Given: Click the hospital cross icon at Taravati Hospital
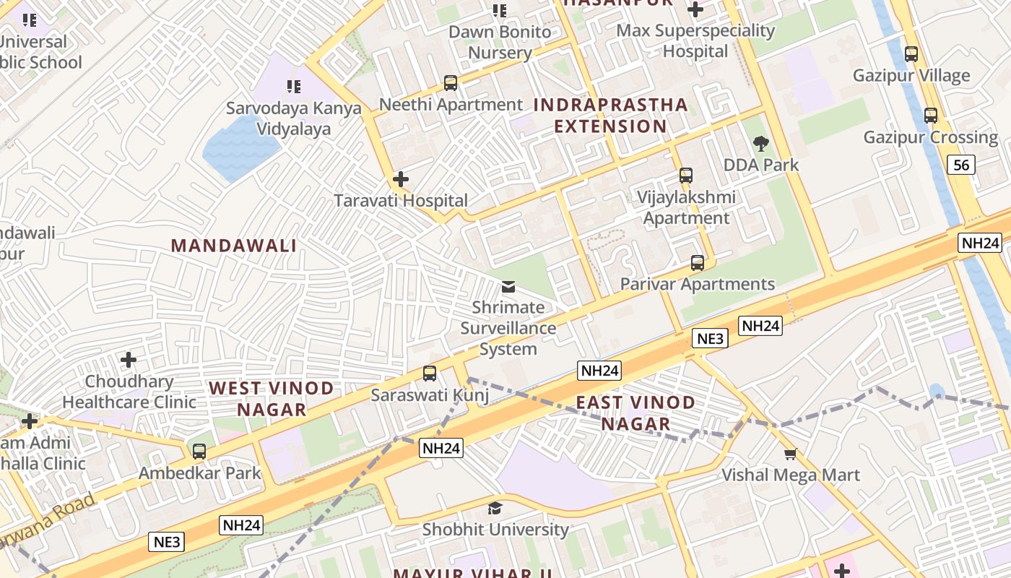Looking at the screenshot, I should coord(401,178).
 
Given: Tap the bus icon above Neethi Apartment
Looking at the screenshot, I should coord(451,83).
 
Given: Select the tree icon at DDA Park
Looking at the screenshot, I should coord(760,143).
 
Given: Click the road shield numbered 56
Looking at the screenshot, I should coord(961,165).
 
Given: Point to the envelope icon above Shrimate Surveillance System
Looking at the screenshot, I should coord(508,287).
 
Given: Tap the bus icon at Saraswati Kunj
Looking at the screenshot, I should coord(430,374).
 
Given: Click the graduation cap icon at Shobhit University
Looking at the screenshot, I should coord(495,508).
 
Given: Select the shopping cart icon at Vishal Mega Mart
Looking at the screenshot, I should coord(790,454).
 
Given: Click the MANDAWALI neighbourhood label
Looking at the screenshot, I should coord(234,246).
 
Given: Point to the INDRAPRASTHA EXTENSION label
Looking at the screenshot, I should coord(610,116).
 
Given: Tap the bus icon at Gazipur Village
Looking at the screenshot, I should coord(911,53).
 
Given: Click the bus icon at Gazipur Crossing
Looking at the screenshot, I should coord(931,115).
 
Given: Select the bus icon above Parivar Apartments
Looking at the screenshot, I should coord(697,263).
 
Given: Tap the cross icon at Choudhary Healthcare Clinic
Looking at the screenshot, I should coord(129,359).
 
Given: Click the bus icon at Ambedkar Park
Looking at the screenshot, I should coord(199,452).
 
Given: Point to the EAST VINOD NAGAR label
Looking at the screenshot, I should coord(635,413).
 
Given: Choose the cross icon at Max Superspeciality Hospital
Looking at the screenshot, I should coord(695,9).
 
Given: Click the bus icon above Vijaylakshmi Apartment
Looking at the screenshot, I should coord(685,176).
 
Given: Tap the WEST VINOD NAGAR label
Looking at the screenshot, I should coord(272,399).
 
